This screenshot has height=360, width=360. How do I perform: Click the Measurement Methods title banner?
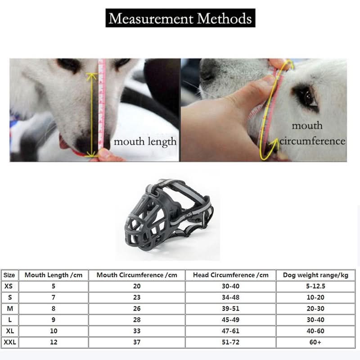[180, 18]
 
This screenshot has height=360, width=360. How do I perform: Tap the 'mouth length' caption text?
[145, 142]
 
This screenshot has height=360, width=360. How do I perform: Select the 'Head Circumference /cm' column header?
[230, 275]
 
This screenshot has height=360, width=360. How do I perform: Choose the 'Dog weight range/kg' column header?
[315, 275]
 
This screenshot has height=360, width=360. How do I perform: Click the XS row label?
[9, 286]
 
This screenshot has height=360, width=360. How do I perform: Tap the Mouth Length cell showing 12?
[53, 342]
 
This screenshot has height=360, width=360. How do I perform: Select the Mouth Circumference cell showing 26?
[137, 309]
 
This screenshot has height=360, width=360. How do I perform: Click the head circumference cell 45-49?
[230, 320]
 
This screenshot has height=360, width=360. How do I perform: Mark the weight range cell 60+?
[315, 342]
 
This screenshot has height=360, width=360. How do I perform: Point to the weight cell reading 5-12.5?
[315, 286]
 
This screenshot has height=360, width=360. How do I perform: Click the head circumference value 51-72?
[230, 342]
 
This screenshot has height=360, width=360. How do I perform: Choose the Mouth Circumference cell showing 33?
[137, 331]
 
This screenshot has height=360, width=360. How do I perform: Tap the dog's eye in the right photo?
[306, 96]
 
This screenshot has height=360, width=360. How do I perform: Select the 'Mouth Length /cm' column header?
[53, 275]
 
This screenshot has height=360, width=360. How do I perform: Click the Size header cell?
[9, 275]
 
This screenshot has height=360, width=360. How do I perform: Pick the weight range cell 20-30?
[315, 309]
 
